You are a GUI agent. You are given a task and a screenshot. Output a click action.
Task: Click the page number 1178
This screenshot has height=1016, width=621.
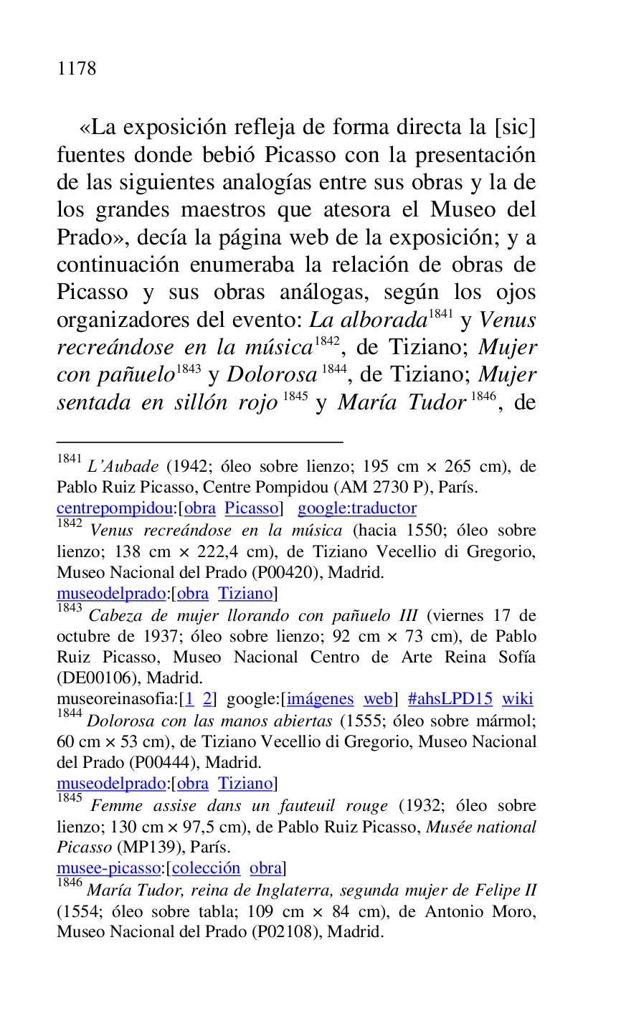(x=76, y=69)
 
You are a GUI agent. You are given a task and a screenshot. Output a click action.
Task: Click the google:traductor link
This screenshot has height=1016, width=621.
(x=356, y=508)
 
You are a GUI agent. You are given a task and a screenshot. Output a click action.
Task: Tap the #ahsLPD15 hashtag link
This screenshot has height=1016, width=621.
(x=450, y=699)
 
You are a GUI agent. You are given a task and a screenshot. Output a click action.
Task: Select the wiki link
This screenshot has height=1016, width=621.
(x=517, y=699)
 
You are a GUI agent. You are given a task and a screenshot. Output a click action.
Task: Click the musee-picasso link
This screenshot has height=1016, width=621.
(x=108, y=868)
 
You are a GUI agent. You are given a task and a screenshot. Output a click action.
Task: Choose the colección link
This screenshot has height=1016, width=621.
(x=206, y=868)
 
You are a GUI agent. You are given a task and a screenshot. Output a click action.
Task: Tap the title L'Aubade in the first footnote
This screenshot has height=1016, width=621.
(x=123, y=467)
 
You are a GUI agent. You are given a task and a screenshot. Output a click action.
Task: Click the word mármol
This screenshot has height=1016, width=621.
(x=506, y=721)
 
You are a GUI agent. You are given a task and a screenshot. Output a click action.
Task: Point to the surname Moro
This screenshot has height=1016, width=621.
(x=516, y=912)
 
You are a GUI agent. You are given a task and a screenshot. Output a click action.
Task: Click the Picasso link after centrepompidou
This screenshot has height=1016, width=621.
(x=251, y=508)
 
